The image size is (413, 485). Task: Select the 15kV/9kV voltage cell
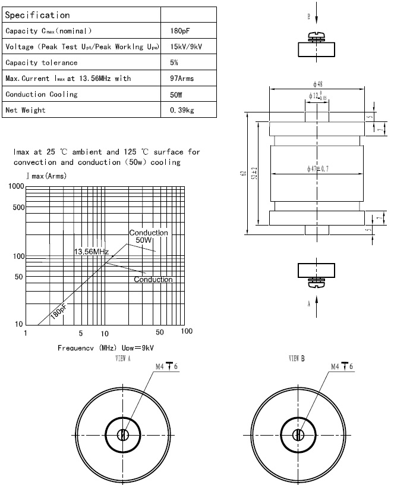[186, 46]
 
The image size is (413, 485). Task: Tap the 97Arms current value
[182, 78]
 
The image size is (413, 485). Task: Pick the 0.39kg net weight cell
[182, 109]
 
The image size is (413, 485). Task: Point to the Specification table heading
[37, 15]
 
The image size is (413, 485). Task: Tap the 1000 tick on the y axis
[16, 187]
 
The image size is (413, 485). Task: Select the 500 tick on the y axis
[18, 207]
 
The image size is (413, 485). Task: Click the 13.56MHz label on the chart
[91, 252]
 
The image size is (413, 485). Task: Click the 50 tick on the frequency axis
[160, 332]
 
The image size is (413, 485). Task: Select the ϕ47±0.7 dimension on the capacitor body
[318, 170]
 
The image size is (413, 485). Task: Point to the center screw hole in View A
[123, 435]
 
